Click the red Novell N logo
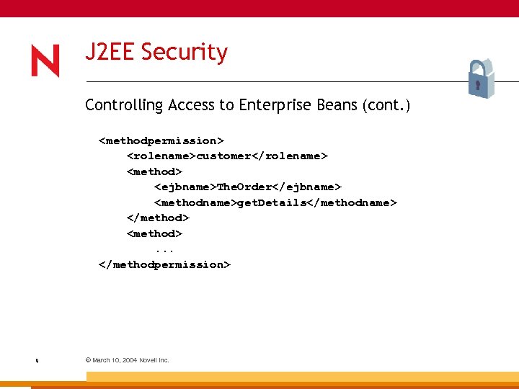(x=45, y=61)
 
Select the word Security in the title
(x=184, y=53)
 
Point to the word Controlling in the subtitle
(x=124, y=105)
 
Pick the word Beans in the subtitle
(x=338, y=105)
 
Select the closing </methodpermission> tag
(x=164, y=264)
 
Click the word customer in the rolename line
(x=223, y=156)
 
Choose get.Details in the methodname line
(x=272, y=202)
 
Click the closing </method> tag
(x=158, y=218)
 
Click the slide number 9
(x=37, y=360)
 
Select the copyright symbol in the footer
(x=88, y=359)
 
